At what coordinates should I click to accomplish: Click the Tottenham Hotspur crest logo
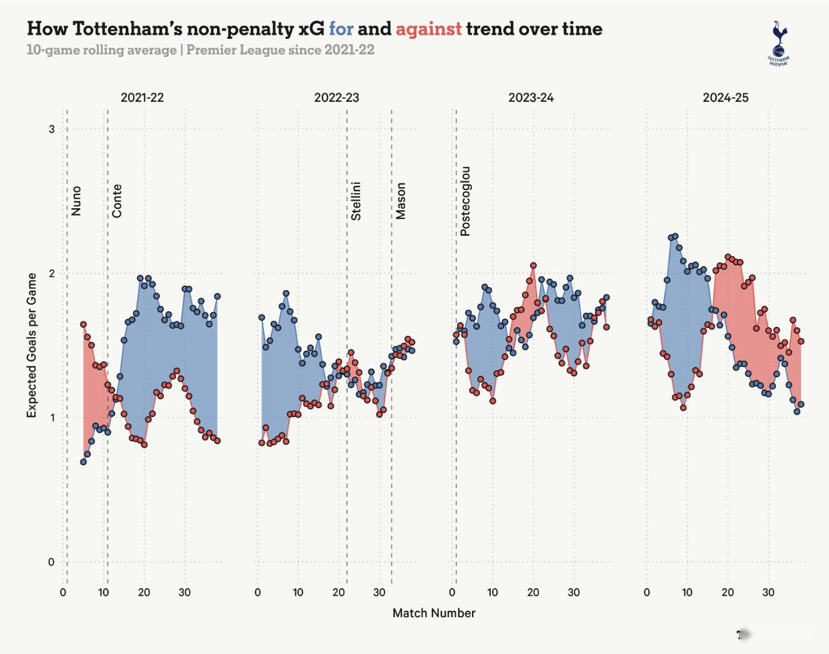[778, 43]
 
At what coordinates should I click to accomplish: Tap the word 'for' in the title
[341, 29]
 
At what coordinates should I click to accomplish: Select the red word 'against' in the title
[428, 29]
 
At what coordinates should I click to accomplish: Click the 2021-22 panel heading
[142, 98]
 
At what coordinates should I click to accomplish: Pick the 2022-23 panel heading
[336, 98]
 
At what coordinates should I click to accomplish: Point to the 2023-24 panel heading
[531, 98]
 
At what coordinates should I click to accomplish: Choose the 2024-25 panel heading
[725, 98]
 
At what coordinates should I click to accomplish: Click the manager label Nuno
[76, 201]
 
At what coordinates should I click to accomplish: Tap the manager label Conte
[117, 201]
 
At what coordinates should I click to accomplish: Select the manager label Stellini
[356, 201]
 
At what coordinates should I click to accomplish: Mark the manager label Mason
[401, 201]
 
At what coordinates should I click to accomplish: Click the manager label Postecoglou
[465, 201]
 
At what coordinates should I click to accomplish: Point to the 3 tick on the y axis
[52, 129]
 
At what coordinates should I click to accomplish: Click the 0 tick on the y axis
[52, 562]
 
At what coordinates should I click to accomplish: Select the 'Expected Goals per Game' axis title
[32, 345]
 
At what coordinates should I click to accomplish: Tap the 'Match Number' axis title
[434, 613]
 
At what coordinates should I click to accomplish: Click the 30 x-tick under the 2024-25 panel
[768, 593]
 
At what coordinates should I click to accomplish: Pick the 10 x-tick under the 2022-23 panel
[298, 593]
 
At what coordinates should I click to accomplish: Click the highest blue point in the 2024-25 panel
[675, 236]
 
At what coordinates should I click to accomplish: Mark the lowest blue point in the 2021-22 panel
[83, 462]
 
